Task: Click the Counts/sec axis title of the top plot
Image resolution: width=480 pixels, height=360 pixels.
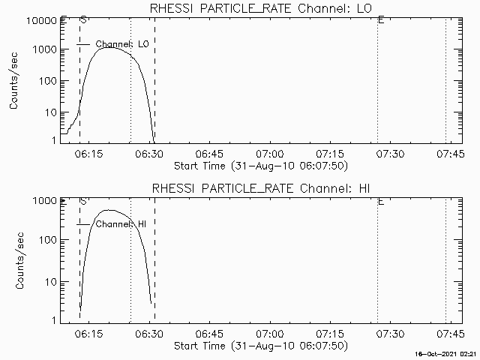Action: click(14, 80)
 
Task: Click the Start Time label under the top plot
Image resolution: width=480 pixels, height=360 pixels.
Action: click(259, 165)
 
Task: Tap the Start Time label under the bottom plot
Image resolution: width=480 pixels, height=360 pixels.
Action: click(259, 345)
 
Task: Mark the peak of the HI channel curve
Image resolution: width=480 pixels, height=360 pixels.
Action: click(109, 211)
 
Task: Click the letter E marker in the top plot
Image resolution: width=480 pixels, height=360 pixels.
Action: click(381, 20)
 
